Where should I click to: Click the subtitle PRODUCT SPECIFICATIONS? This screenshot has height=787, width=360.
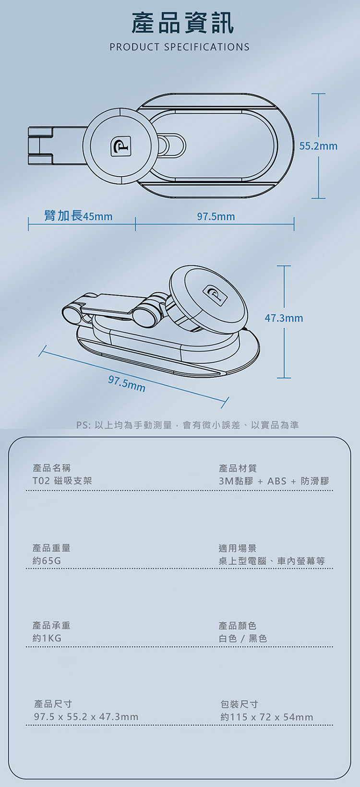click(180, 47)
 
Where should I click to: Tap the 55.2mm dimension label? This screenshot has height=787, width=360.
click(318, 146)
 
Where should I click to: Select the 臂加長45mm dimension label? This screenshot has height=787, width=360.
click(78, 216)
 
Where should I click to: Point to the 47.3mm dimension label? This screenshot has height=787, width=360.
click(284, 318)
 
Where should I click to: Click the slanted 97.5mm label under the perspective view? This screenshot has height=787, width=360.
click(127, 384)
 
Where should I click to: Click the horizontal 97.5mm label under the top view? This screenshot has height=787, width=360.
click(216, 216)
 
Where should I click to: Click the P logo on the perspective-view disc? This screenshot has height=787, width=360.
click(216, 295)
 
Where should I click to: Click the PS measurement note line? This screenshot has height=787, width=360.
click(187, 425)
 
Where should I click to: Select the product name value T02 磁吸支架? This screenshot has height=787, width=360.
click(62, 481)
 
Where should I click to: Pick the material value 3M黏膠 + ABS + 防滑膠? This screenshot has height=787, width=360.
click(274, 481)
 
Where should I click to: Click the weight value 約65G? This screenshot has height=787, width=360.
click(47, 561)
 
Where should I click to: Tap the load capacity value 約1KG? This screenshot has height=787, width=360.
click(47, 639)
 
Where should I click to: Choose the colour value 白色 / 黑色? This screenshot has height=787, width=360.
click(243, 639)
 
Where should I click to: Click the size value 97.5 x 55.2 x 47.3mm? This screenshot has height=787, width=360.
click(86, 717)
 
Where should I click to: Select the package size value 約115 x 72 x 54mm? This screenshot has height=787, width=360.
click(267, 717)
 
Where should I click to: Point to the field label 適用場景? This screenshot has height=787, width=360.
click(237, 548)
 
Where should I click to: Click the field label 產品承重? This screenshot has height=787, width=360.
click(51, 625)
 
